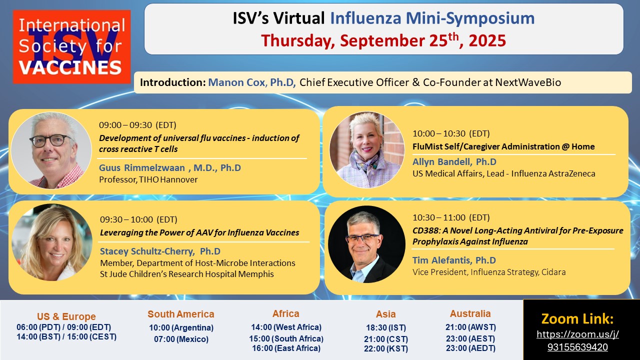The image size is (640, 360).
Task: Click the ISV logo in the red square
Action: (71, 47)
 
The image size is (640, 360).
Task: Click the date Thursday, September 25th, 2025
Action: (383, 40)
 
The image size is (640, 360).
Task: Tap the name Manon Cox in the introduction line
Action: (236, 82)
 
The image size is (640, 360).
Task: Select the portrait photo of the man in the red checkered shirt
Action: (51, 150)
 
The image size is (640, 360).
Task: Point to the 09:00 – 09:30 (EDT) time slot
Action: (137, 125)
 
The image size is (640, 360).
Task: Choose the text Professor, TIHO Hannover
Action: (148, 179)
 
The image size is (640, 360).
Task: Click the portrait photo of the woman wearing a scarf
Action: (367, 149)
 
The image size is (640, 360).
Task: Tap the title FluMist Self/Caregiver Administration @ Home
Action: (503, 146)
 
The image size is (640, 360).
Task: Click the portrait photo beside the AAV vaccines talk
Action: (52, 242)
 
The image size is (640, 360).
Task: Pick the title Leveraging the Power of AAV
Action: (199, 232)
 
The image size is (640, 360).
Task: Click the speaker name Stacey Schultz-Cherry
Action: (147, 251)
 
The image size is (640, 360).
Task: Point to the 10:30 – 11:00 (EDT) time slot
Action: (451, 217)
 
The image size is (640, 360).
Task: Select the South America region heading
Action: (181, 314)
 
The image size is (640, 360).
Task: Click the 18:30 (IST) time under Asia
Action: (386, 327)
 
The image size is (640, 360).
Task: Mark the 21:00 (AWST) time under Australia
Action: (470, 327)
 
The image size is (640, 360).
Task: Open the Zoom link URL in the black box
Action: (577, 340)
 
